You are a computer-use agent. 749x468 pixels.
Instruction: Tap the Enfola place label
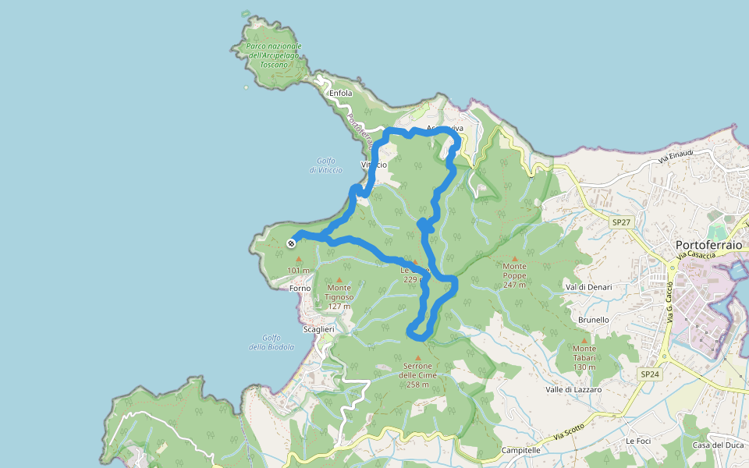tap(341, 94)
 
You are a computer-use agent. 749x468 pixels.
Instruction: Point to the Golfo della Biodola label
tap(272, 342)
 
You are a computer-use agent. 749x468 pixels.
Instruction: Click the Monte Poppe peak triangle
tap(514, 259)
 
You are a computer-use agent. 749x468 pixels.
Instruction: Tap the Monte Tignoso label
tap(339, 292)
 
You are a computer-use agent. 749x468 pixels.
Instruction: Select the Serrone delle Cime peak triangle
tap(418, 358)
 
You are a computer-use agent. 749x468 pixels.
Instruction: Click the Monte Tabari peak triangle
tap(584, 340)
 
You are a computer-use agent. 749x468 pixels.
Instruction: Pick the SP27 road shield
tap(621, 222)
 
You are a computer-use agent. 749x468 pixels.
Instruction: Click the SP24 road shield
tap(650, 374)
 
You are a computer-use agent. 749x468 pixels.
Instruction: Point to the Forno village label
tap(300, 288)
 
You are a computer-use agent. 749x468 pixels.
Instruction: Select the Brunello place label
tap(594, 320)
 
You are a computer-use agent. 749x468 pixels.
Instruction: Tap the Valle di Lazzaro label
tap(573, 388)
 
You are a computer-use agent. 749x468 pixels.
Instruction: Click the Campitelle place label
tap(521, 450)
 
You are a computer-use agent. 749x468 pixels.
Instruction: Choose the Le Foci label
tap(637, 441)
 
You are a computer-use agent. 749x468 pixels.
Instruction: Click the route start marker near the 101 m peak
tap(291, 243)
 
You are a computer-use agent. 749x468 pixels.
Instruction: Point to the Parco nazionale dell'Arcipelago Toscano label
tap(273, 55)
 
